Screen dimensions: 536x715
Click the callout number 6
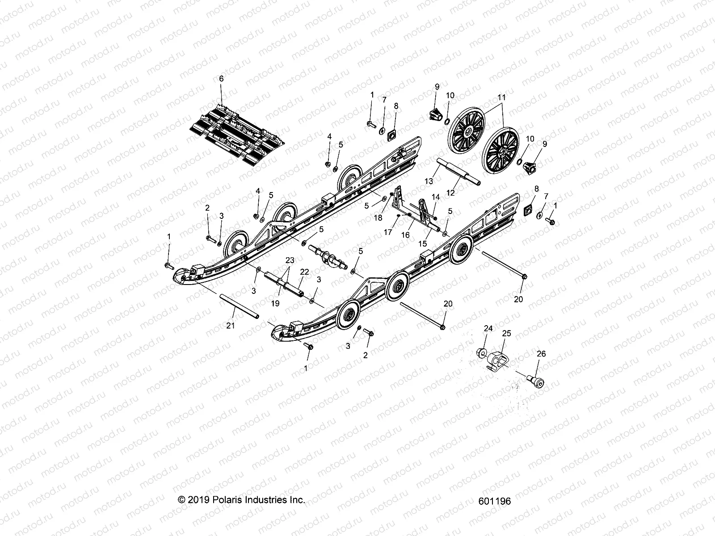click(221, 79)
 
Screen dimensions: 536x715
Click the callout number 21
click(231, 326)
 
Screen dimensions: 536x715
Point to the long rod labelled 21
click(239, 308)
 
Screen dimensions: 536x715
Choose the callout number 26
click(541, 354)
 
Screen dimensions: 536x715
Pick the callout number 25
click(506, 333)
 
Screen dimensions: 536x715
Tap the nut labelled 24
click(482, 353)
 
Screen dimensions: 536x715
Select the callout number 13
click(429, 181)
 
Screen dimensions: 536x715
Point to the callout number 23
click(290, 260)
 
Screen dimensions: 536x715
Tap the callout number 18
click(378, 218)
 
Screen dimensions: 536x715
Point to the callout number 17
click(387, 232)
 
